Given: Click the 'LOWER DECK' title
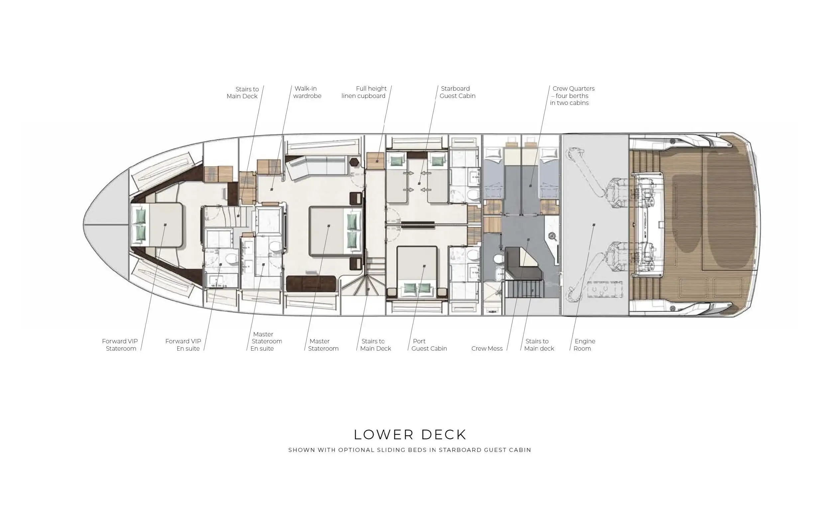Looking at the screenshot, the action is pos(410,434).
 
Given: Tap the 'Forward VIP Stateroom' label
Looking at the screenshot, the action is pos(120,345).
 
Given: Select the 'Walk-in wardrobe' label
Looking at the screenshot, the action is pos(307,92).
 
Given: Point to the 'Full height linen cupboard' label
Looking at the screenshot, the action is pos(364,92).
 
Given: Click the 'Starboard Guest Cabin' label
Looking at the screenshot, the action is pos(457,92).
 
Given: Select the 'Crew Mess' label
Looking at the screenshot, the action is pos(487,348).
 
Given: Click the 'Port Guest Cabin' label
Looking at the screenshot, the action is pos(429,345).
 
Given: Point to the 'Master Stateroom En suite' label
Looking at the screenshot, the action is pos(266,341).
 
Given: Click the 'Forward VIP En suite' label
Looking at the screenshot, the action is pos(183,345).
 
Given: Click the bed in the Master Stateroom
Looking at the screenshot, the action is pos(336,231).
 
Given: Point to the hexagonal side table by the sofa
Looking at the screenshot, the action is pos(354,162).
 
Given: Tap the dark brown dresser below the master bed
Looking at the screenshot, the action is pos(311,284).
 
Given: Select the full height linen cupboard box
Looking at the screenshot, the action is pos(375,161).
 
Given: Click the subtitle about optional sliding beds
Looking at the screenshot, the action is pos(410,450).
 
